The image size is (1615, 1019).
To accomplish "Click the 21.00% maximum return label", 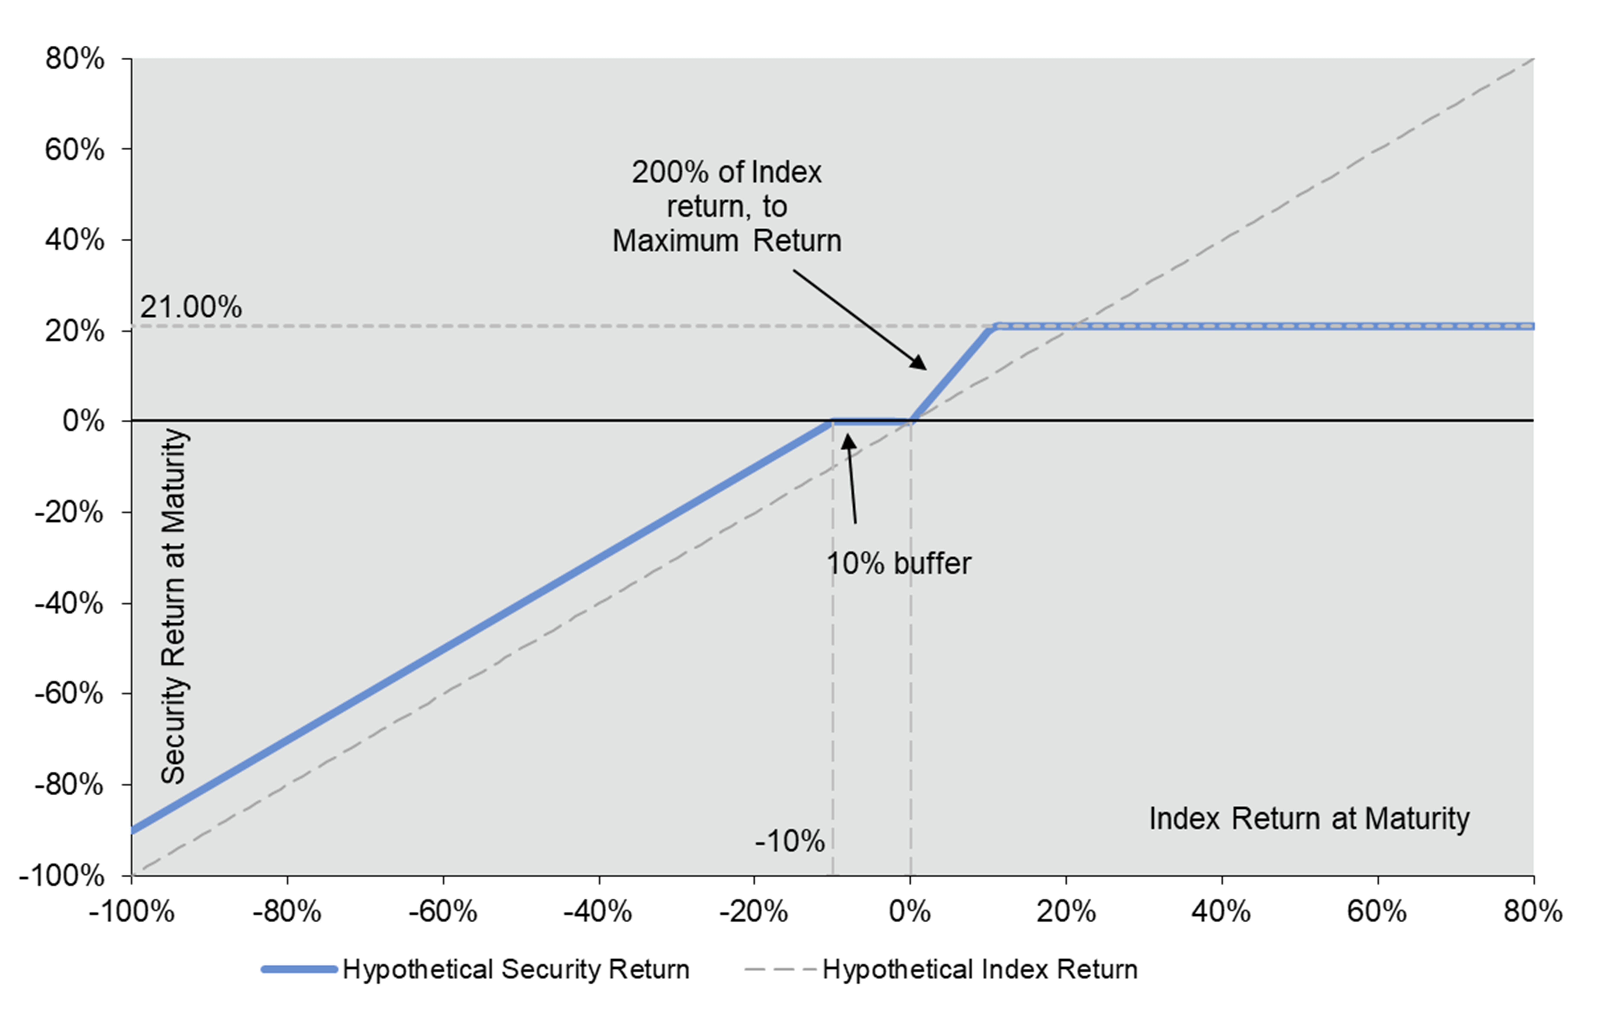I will pyautogui.click(x=191, y=307).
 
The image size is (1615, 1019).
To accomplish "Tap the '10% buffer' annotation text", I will pyautogui.click(x=898, y=564).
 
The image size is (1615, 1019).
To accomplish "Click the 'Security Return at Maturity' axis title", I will pyautogui.click(x=174, y=606).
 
